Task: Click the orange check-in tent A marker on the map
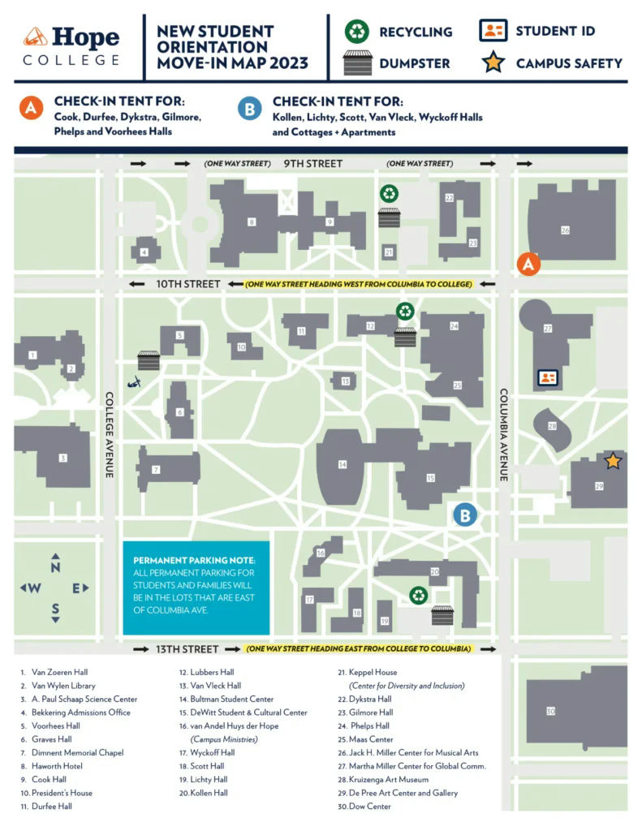pyautogui.click(x=528, y=264)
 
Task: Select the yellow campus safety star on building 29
pyautogui.click(x=612, y=461)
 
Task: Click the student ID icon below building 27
pyautogui.click(x=548, y=377)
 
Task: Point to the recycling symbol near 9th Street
pyautogui.click(x=390, y=194)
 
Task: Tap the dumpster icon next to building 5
pyautogui.click(x=149, y=360)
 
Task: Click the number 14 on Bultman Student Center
pyautogui.click(x=343, y=464)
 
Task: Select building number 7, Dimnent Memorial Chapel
pyautogui.click(x=157, y=470)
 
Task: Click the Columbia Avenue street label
pyautogui.click(x=503, y=435)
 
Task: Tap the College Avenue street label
pyautogui.click(x=109, y=435)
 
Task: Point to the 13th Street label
pyautogui.click(x=187, y=649)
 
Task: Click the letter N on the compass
pyautogui.click(x=55, y=567)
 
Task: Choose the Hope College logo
pyautogui.click(x=71, y=46)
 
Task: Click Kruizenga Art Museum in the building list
pyautogui.click(x=389, y=779)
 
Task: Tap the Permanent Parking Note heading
pyautogui.click(x=194, y=561)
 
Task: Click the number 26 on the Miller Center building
pyautogui.click(x=565, y=230)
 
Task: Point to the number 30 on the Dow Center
pyautogui.click(x=550, y=712)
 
